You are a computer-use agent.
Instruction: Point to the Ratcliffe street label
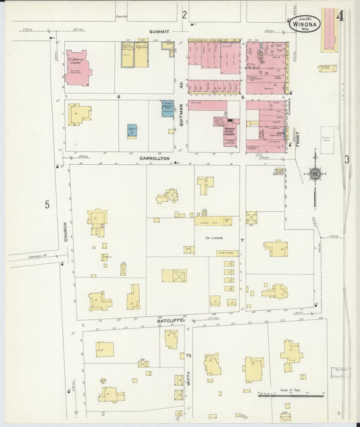(170, 321)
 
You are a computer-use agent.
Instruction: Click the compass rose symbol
(315, 174)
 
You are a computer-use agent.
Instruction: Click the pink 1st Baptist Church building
(78, 68)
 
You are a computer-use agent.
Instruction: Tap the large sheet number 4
(340, 16)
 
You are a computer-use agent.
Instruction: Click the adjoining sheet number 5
(47, 205)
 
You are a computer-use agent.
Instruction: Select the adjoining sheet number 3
(346, 159)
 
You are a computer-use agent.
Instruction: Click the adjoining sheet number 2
(184, 14)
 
